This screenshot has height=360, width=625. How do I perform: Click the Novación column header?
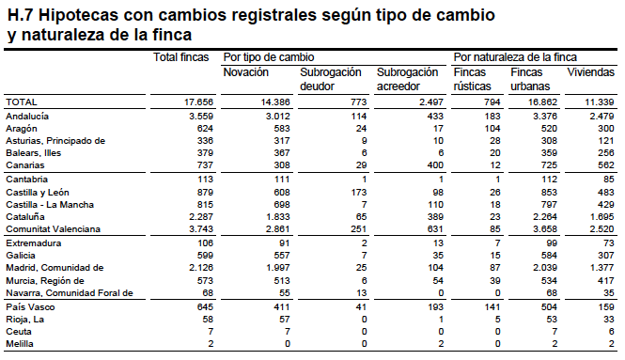(x=245, y=72)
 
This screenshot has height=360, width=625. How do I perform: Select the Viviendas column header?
(x=591, y=72)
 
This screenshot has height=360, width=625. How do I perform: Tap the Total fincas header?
(x=181, y=57)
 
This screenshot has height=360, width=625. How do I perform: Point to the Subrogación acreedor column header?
(x=407, y=79)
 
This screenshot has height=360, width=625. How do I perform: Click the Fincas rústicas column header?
(x=473, y=79)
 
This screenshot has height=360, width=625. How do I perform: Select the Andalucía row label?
(x=27, y=117)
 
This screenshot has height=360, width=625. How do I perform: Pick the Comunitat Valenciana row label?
(x=53, y=229)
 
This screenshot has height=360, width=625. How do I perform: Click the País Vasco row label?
(x=30, y=307)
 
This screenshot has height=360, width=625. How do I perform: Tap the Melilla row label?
(x=20, y=344)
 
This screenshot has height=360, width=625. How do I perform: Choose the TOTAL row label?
(x=22, y=102)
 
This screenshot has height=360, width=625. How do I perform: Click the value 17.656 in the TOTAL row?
(x=198, y=102)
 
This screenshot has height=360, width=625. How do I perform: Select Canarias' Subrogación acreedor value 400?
(x=435, y=165)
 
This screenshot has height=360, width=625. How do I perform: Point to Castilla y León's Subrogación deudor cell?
(x=359, y=193)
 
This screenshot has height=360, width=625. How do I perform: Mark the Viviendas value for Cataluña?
(x=602, y=217)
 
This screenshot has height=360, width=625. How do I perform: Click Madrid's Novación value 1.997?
(x=278, y=268)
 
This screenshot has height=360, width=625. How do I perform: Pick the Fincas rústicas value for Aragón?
(x=492, y=129)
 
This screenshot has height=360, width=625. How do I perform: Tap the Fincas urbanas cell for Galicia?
(x=549, y=255)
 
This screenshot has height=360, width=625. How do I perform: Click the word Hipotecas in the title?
(x=79, y=15)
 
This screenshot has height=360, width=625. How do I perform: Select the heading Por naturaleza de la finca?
(x=515, y=57)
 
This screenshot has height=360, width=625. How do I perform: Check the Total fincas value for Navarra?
(x=208, y=293)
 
